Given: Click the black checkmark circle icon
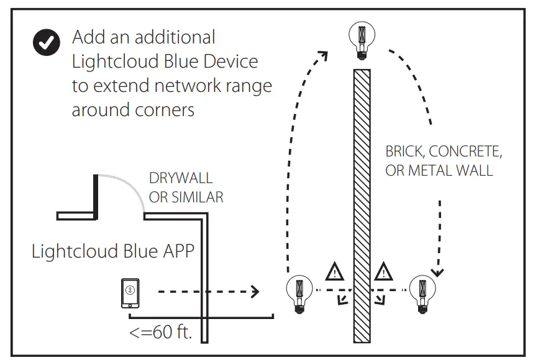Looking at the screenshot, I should click(x=47, y=43).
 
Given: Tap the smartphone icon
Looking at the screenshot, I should click(x=130, y=293).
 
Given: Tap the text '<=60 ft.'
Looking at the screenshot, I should click(x=161, y=332).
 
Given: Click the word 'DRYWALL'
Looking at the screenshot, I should click(x=180, y=179).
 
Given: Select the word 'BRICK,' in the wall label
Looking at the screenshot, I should click(x=405, y=151).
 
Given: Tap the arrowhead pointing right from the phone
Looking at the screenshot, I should click(x=254, y=290).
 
